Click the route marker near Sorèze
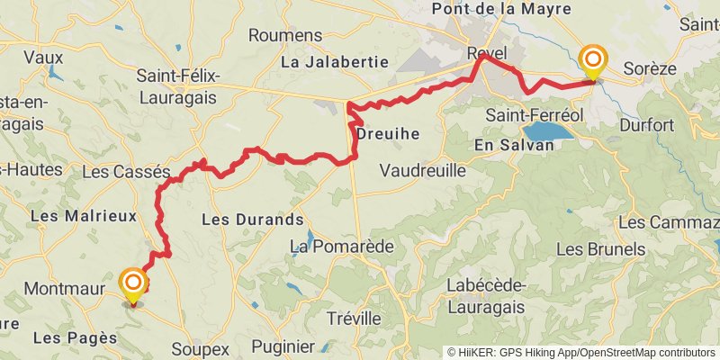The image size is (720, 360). (593, 62)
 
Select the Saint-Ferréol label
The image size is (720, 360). (535, 115)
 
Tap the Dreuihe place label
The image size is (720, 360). (388, 133)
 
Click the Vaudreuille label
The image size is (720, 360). (422, 170)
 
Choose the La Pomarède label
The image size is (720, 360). (329, 246)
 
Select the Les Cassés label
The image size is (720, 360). (125, 170)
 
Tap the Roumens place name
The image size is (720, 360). (284, 35)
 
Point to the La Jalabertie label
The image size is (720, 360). (334, 62)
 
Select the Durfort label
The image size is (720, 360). (646, 125)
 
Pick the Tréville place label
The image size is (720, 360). (354, 318)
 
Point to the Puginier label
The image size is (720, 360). (283, 346)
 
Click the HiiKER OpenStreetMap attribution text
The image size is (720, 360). (581, 353)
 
